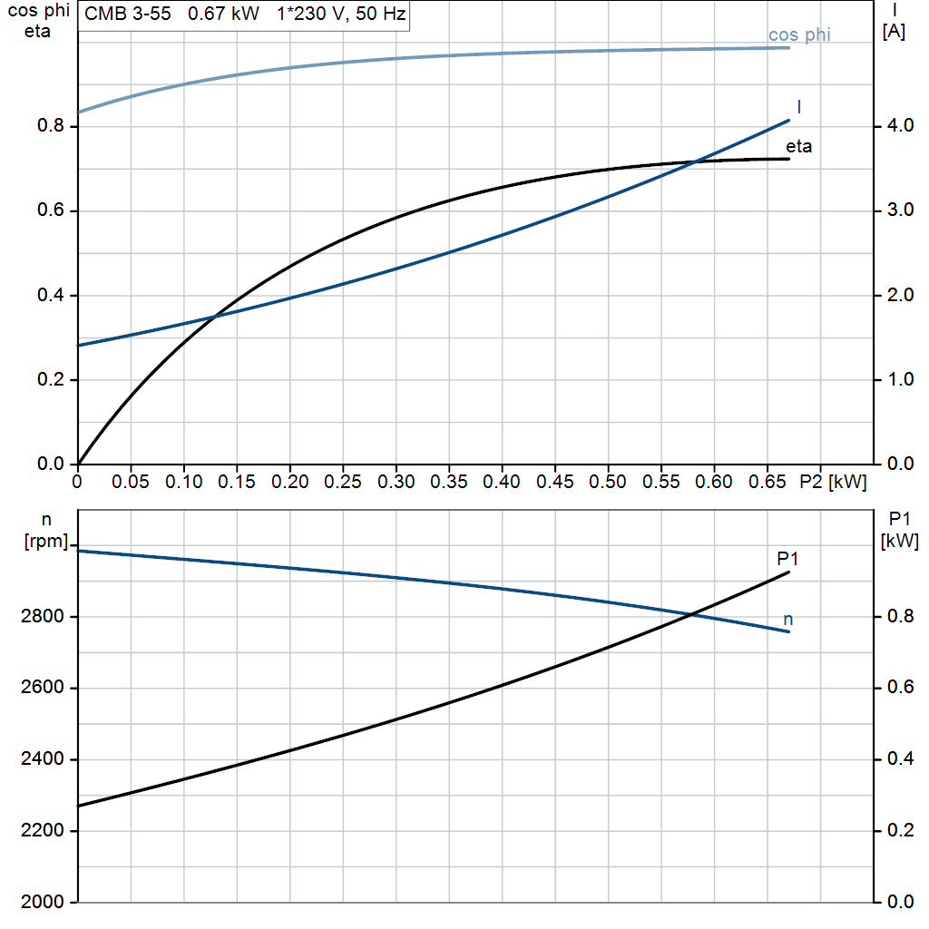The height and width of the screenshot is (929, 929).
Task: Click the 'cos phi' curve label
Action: coord(799,35)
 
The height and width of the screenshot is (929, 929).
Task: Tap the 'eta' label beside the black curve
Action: coord(798,146)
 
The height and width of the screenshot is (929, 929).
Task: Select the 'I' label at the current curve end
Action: coord(799,107)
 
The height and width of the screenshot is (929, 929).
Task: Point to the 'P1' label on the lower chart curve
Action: coord(787,558)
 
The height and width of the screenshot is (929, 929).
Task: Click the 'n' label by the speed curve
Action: coord(788,620)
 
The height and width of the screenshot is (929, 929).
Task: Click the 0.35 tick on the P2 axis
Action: coord(448,482)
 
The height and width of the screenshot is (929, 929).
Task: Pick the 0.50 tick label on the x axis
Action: coord(607,482)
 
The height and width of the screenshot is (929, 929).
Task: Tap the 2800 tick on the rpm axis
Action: coord(42,616)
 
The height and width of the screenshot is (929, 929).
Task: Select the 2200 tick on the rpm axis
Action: coord(42,831)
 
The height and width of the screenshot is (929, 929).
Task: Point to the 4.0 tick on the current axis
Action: coord(900,125)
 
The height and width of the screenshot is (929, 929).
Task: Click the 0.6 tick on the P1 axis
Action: coord(900,688)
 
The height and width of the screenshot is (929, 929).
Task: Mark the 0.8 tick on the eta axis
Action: coord(51,125)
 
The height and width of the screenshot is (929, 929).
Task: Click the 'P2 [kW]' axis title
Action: coord(833,482)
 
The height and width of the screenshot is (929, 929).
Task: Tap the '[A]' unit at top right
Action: coord(894,32)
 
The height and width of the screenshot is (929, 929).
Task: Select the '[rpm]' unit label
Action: coord(46,541)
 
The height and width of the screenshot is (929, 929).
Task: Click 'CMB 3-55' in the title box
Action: coord(127,14)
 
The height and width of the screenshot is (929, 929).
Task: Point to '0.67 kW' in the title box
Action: coord(223,14)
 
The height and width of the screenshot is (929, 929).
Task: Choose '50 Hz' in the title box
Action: coord(380,14)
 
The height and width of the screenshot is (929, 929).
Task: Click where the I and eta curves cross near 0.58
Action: coord(697,161)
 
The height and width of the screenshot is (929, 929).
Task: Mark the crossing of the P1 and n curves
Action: coord(691,614)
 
